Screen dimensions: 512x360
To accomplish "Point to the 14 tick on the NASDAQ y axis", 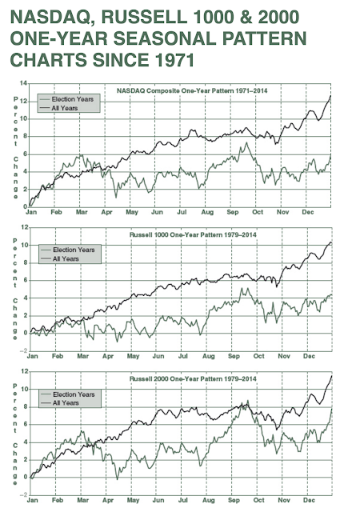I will (x=23, y=83).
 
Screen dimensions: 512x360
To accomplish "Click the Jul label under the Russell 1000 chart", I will (x=182, y=357).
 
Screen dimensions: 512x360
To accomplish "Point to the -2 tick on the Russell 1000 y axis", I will (x=23, y=349).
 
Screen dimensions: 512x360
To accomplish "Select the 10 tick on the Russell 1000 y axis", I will (x=23, y=245).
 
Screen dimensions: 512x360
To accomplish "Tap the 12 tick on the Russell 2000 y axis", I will (x=23, y=372).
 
